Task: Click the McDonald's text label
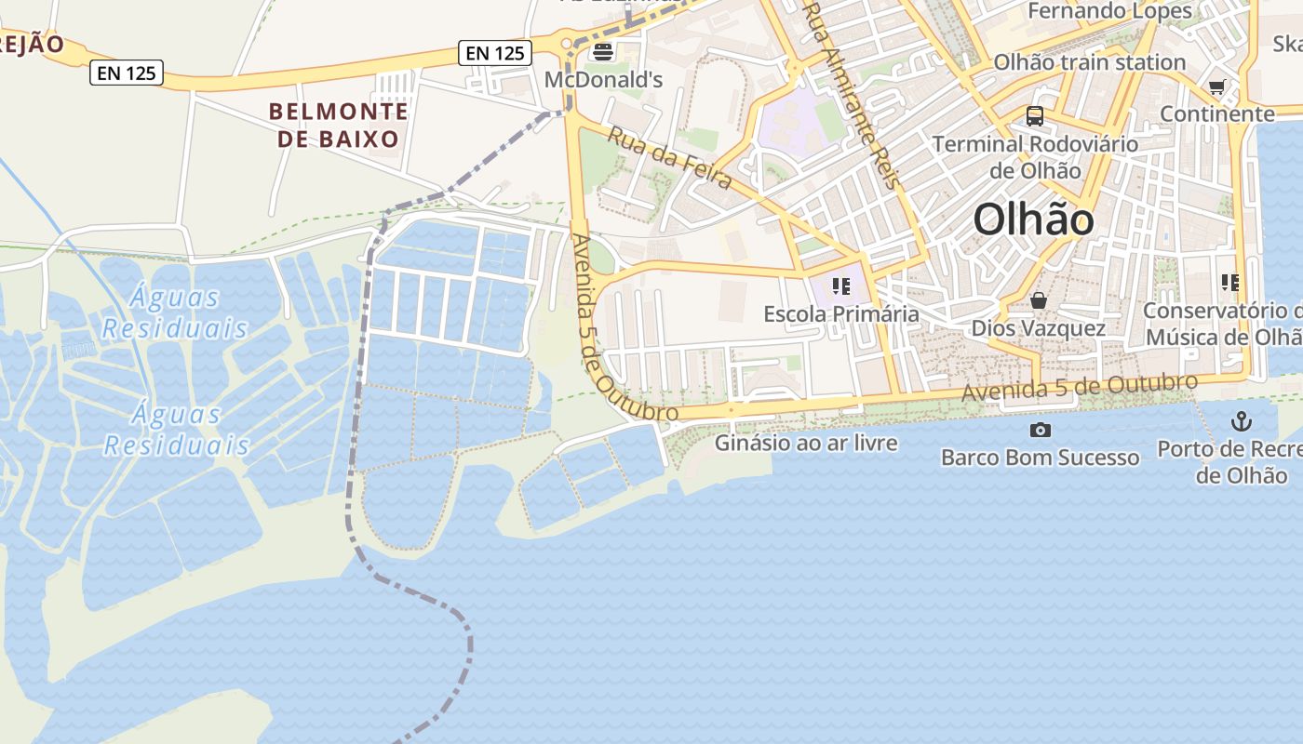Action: tap(603, 80)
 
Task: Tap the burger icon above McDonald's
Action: tap(602, 51)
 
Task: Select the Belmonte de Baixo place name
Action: tap(339, 126)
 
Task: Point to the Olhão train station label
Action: tap(1089, 62)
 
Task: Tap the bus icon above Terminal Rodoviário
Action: tap(1034, 116)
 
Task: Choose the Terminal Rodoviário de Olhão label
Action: tap(1035, 157)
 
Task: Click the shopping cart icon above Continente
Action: tap(1216, 87)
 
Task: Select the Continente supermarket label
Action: tap(1216, 113)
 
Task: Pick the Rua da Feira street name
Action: tap(670, 157)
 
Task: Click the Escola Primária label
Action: tap(841, 314)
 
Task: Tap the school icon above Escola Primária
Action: tap(841, 286)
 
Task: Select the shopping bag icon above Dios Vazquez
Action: tap(1039, 300)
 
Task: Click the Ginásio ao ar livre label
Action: tap(806, 443)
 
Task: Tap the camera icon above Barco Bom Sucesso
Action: tap(1040, 430)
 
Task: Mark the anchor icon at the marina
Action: tap(1242, 421)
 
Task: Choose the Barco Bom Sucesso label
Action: tap(1040, 458)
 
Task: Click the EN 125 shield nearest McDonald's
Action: tap(495, 53)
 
